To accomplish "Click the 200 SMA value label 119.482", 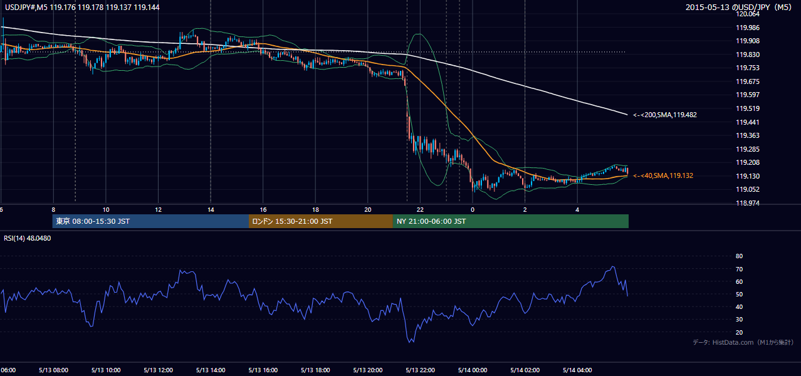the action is tap(665, 115).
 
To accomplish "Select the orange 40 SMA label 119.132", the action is tap(663, 175).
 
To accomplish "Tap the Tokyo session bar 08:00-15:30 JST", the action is tap(150, 221).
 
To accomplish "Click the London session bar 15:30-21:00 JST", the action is tap(321, 221).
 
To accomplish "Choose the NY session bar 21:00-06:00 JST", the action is tap(511, 221).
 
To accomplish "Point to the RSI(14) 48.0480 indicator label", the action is tap(27, 238).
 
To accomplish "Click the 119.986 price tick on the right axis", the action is tap(747, 28).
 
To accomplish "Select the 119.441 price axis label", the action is tap(747, 122).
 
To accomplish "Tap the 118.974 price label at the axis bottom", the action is tap(747, 203).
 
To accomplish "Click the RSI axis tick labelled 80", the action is tap(739, 256).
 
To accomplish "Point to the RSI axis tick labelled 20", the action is tap(739, 332).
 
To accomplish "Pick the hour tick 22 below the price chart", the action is tap(420, 210).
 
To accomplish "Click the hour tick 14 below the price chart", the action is tap(211, 210).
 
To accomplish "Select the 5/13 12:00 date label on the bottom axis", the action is tap(159, 370).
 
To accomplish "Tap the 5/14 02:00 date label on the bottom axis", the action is tap(525, 370).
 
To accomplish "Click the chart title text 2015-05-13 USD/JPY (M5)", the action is tap(738, 7).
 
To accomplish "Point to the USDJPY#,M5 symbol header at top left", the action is tap(26, 7).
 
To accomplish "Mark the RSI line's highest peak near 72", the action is tap(613, 266).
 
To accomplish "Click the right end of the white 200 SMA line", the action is tap(627, 115).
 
